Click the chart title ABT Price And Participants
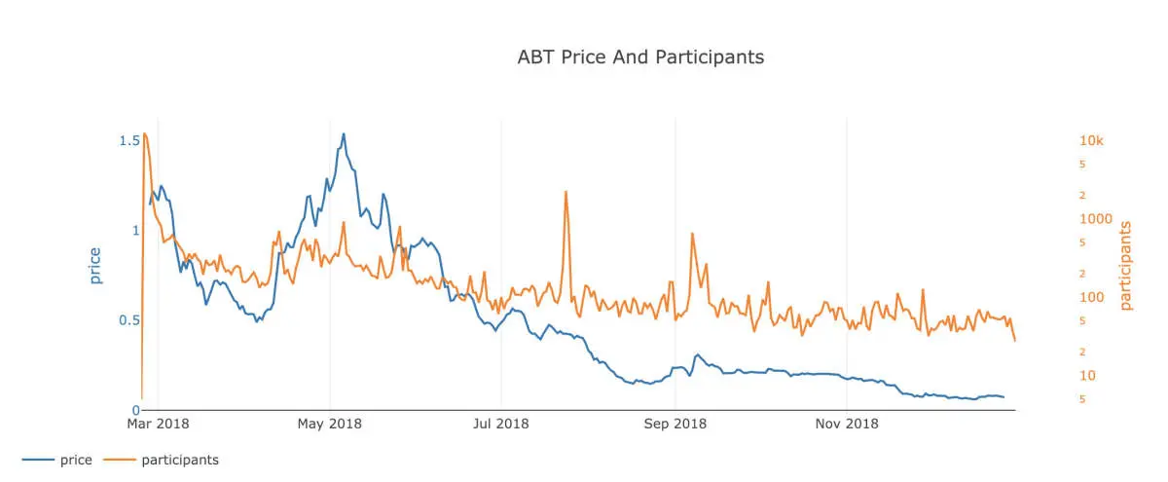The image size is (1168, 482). (x=640, y=57)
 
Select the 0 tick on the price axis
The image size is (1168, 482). (x=135, y=410)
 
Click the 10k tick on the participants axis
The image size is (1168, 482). (x=1091, y=141)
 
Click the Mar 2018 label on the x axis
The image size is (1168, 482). (x=158, y=424)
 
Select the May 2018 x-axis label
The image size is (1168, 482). (x=330, y=424)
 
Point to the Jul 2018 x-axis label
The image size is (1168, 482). (x=501, y=424)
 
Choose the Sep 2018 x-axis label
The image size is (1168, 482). (x=675, y=424)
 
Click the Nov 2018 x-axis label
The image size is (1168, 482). (x=847, y=424)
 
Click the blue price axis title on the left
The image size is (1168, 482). (x=94, y=266)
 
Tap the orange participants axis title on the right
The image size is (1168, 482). (x=1126, y=266)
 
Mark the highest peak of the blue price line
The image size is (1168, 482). (x=344, y=134)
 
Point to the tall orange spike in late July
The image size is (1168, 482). (x=566, y=193)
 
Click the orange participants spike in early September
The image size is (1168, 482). (x=692, y=234)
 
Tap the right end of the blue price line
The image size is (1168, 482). (x=1004, y=397)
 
